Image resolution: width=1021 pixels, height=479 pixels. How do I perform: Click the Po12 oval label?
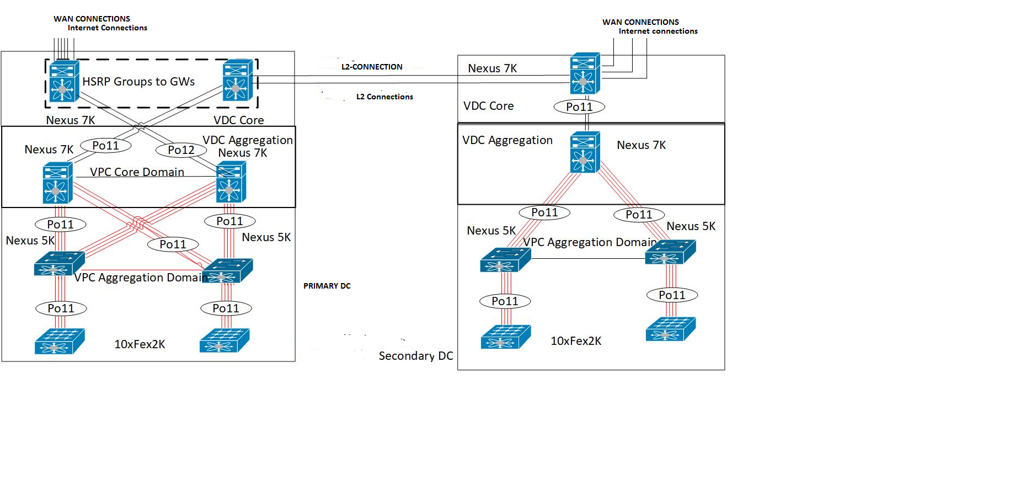pos(181,150)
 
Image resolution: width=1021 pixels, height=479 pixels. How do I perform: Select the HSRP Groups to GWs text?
pos(138,82)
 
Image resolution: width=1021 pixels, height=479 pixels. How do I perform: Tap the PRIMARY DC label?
pos(327,286)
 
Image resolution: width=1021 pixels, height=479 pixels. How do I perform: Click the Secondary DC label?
pos(415,356)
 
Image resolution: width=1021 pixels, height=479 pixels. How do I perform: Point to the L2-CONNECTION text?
pos(372,67)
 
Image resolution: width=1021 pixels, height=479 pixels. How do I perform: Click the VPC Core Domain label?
pos(137,172)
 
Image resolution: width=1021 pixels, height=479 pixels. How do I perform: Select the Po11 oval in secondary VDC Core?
pos(579,107)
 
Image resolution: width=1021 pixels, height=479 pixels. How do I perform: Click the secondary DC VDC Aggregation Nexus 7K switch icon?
pos(585,152)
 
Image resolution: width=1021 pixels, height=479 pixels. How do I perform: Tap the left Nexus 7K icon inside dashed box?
pos(63,81)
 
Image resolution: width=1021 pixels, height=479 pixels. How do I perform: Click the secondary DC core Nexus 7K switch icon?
pos(585,73)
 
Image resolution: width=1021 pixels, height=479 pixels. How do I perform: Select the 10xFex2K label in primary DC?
pos(140,344)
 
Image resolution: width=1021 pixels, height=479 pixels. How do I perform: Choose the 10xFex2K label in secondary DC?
pos(576,341)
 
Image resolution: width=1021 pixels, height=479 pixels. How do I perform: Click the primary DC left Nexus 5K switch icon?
pos(58,264)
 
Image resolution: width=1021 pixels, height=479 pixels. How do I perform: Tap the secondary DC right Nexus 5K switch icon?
pos(670,252)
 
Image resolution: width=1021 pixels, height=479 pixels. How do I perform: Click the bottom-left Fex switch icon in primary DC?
pos(59,341)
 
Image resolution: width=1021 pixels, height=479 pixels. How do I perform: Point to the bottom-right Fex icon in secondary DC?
pos(670,329)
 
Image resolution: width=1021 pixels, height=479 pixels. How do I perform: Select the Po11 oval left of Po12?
pos(105,146)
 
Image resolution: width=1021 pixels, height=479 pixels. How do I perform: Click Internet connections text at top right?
pos(657,31)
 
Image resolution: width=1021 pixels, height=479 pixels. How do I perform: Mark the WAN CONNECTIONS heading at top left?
pos(92,19)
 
